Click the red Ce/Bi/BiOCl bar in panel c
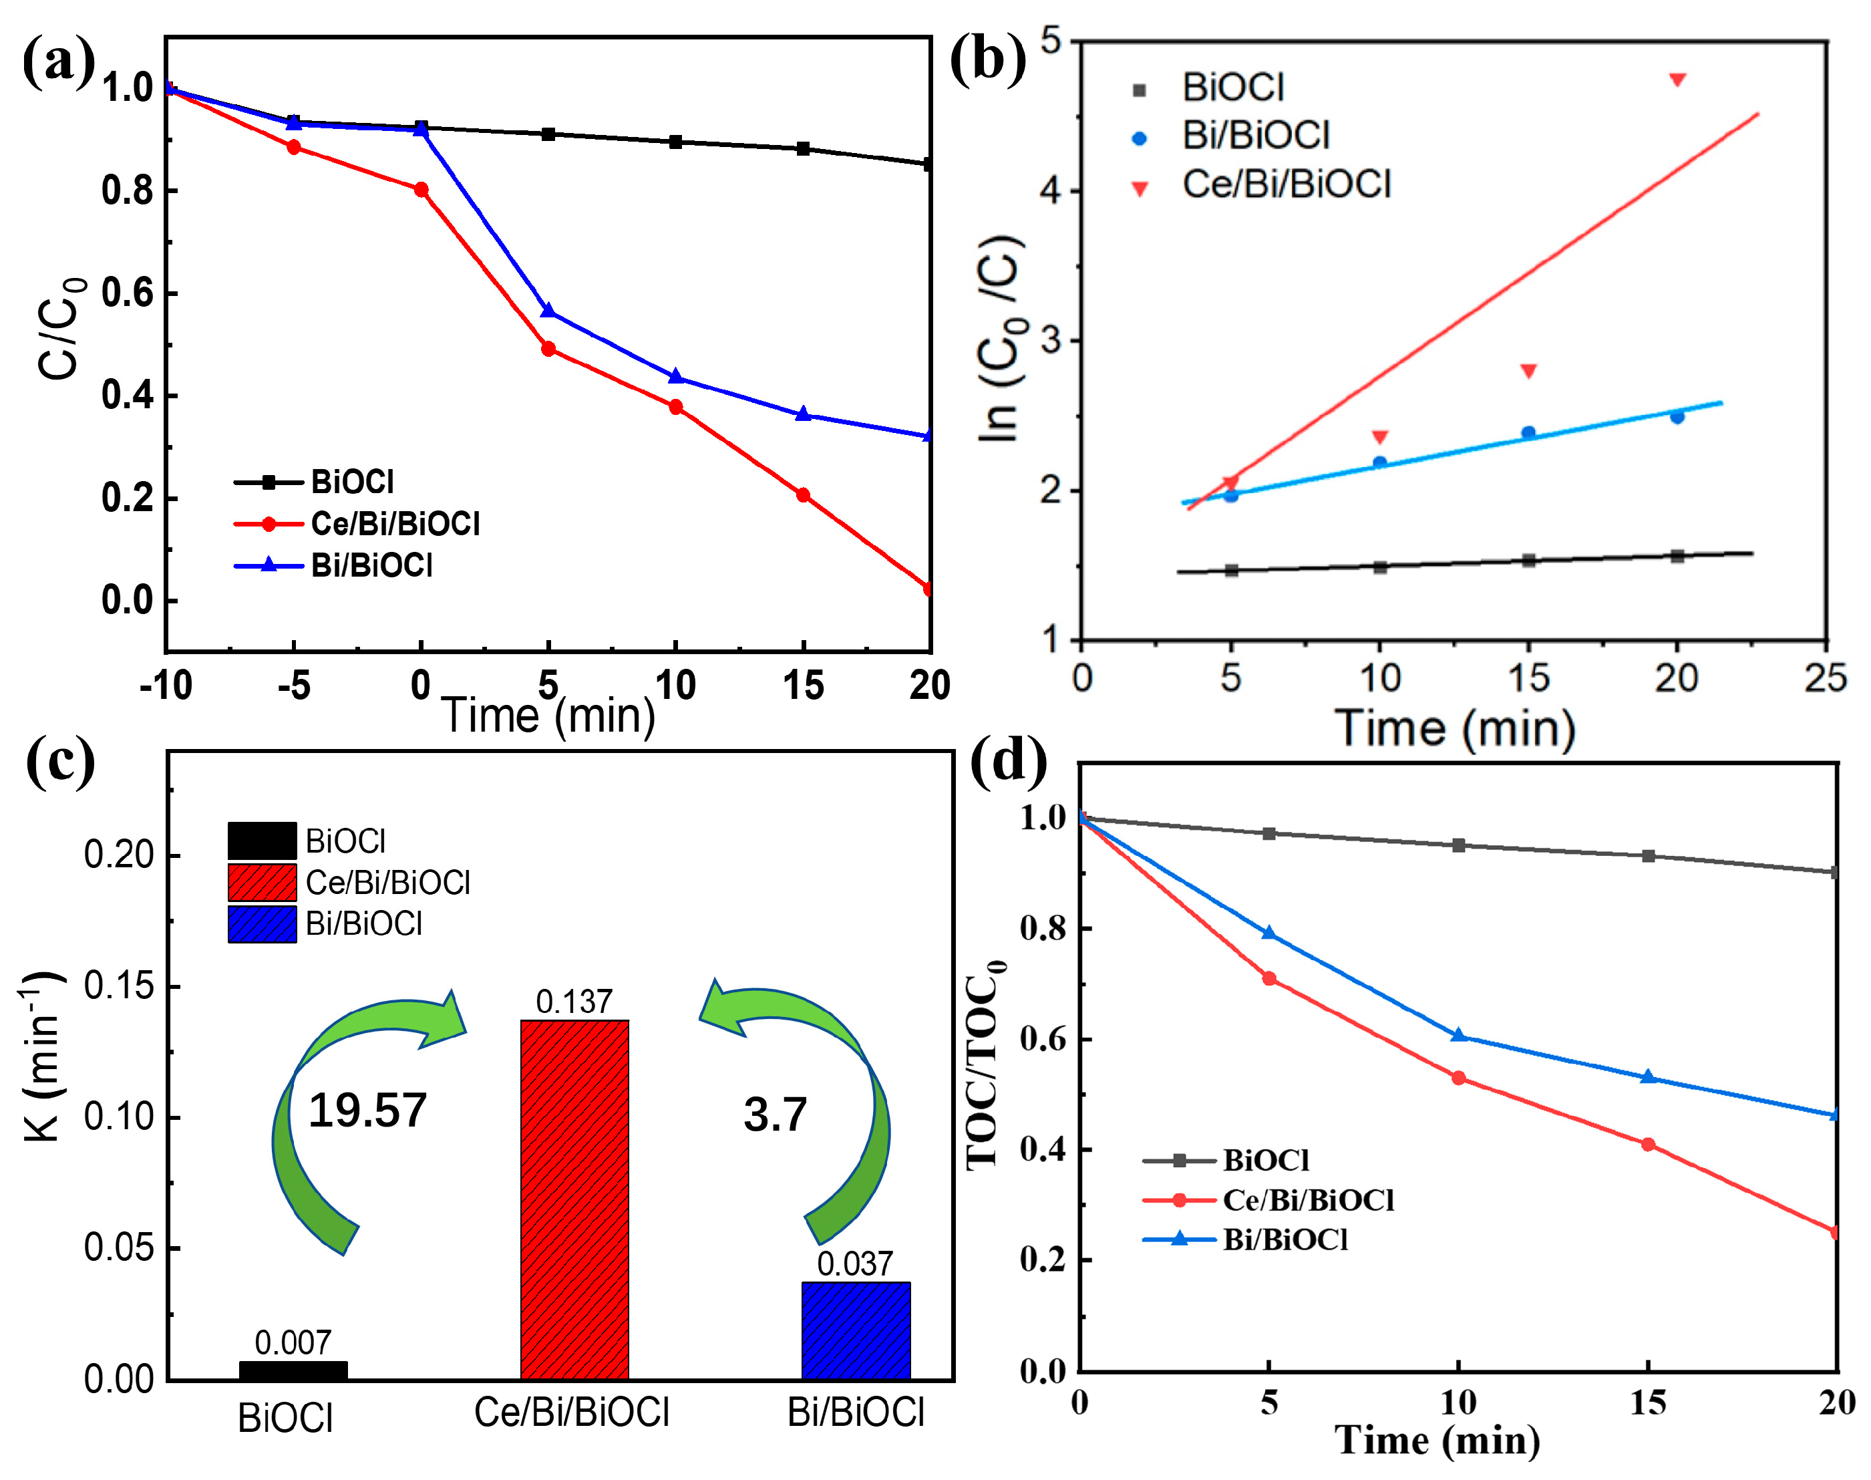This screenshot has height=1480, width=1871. [x=574, y=1199]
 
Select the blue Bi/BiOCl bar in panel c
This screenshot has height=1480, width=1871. [x=856, y=1330]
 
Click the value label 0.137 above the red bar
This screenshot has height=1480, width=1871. [x=574, y=1002]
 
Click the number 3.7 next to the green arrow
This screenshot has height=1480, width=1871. [x=776, y=1115]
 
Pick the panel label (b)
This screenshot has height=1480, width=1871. [x=987, y=61]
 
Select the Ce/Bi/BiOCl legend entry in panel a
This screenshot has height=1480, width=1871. [x=394, y=523]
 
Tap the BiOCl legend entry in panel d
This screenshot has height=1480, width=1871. [x=1266, y=1160]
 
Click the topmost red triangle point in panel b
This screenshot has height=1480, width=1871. [x=1677, y=80]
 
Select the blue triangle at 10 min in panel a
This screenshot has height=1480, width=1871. [x=675, y=377]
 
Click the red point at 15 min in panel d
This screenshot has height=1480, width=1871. [x=1647, y=1145]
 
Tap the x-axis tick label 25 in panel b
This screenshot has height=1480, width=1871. [x=1825, y=678]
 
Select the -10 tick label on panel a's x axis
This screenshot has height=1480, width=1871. [x=166, y=686]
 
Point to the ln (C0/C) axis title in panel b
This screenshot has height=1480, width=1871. [x=1001, y=338]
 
